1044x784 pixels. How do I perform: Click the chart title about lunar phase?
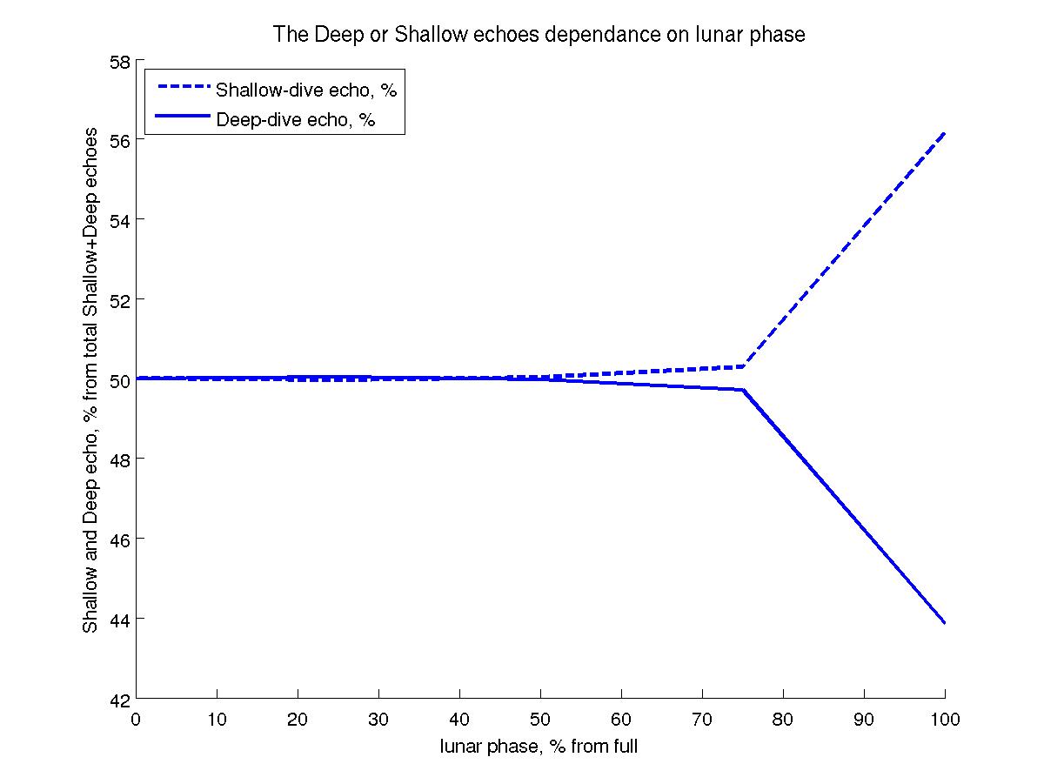point(539,35)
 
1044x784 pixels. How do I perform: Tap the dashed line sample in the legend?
point(181,87)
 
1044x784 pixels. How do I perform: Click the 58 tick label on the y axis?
point(119,63)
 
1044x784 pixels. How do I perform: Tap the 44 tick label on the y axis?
point(119,620)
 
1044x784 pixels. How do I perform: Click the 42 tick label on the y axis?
point(119,699)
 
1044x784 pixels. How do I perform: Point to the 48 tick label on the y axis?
point(119,459)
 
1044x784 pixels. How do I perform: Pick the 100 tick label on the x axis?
point(945,720)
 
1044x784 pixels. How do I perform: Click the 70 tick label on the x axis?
point(702,720)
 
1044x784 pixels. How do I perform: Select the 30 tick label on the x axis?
point(378,720)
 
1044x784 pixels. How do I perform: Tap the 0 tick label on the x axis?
point(136,720)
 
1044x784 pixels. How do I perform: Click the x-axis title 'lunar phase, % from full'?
point(539,747)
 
